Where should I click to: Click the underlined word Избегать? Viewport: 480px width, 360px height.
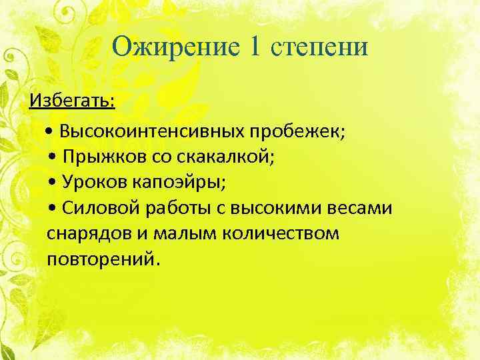pos(71,101)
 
